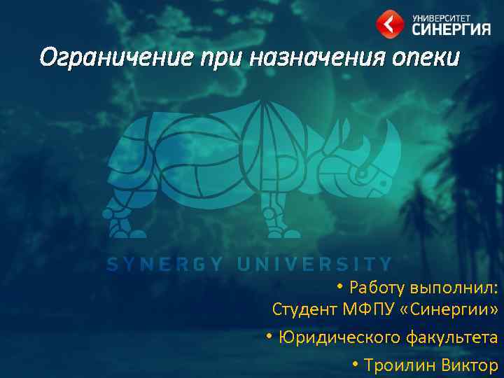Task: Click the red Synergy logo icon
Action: (389, 22)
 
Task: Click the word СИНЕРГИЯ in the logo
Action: (451, 29)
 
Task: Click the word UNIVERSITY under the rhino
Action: (315, 265)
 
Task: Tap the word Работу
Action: (377, 287)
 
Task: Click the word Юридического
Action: (339, 337)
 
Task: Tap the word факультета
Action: (452, 337)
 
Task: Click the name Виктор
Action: (470, 365)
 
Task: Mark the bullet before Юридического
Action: (269, 336)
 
